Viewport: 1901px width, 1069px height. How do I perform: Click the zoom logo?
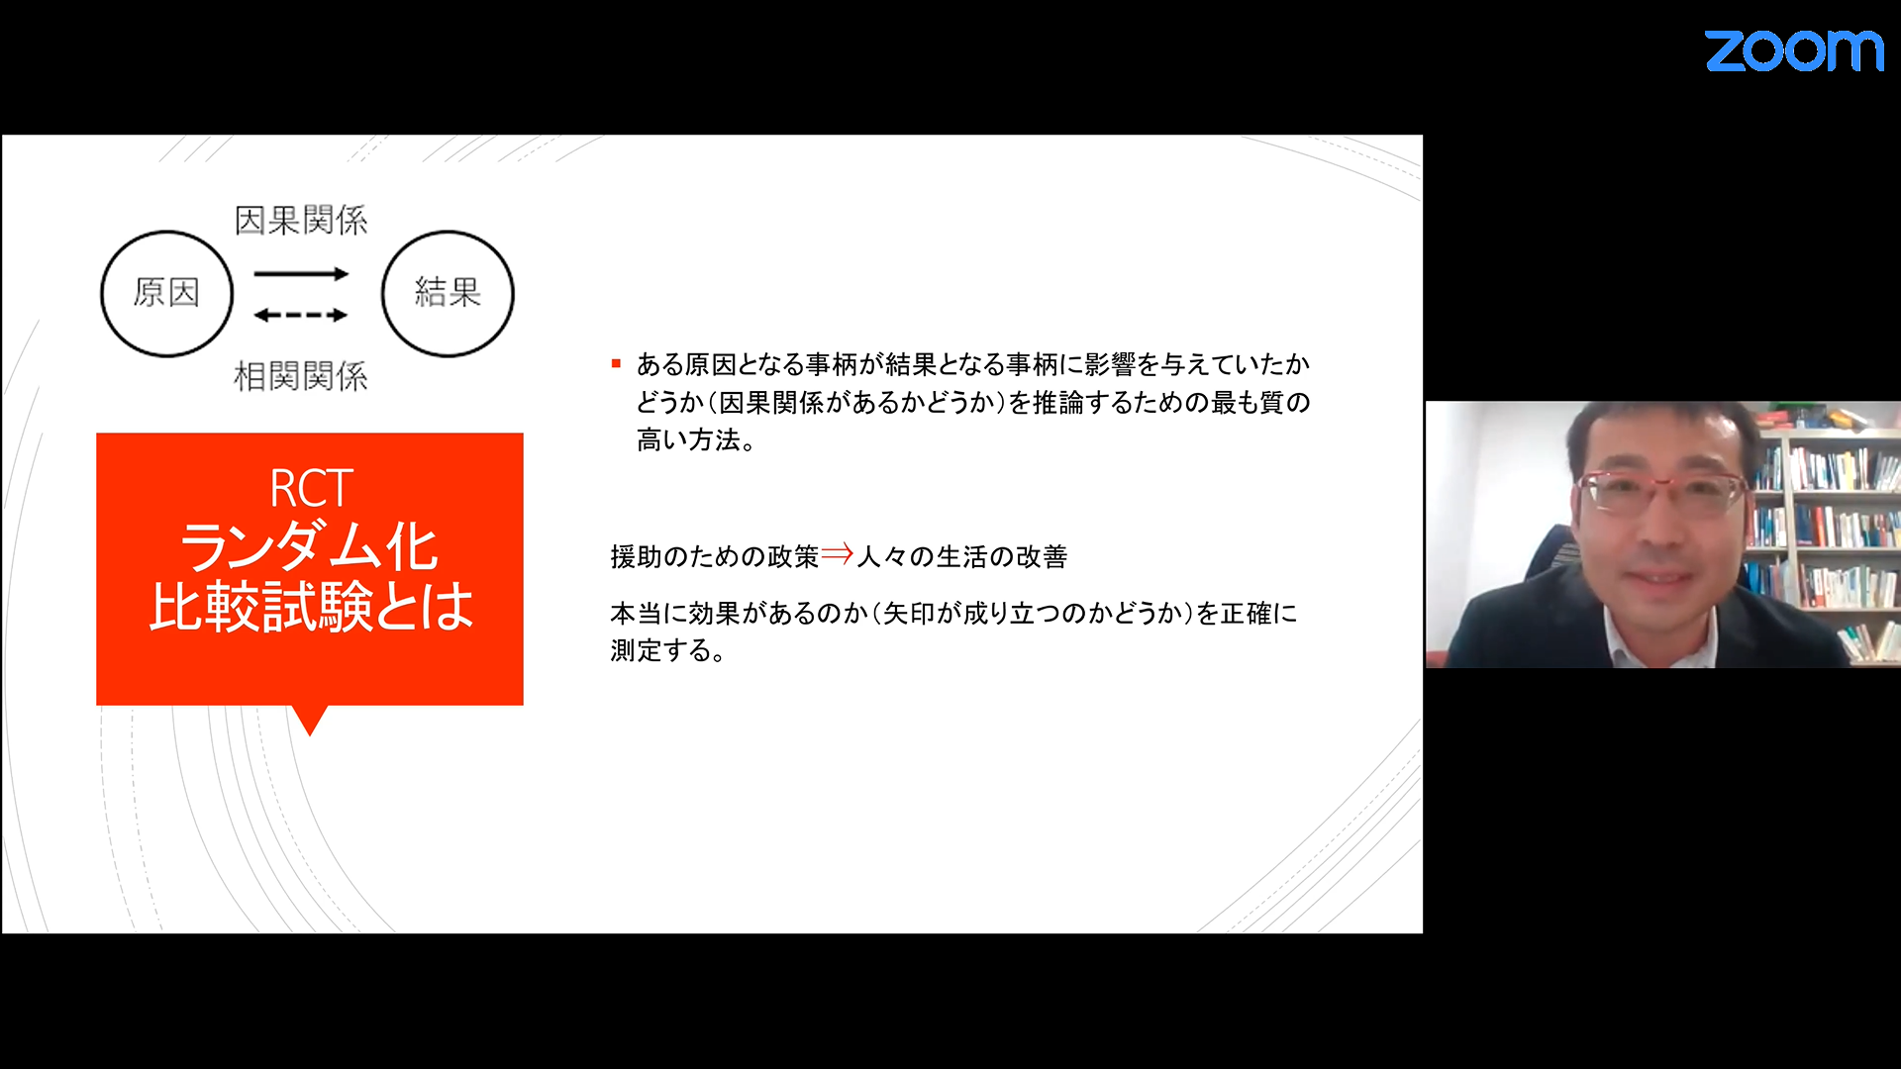[1793, 50]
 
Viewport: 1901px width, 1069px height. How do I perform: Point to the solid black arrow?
[301, 273]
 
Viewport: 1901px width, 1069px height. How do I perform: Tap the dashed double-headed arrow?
[301, 316]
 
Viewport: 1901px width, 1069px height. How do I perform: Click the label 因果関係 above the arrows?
[301, 220]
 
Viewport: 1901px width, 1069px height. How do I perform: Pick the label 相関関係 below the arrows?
[301, 376]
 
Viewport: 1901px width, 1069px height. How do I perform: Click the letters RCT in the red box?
[311, 489]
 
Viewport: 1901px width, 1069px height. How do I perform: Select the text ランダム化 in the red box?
[309, 547]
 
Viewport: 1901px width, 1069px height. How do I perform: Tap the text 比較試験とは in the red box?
[311, 606]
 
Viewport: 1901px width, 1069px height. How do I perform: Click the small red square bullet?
[616, 364]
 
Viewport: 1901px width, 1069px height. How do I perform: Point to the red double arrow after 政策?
[837, 554]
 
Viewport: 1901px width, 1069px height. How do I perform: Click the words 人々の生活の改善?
[962, 556]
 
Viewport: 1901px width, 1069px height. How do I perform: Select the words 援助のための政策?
[715, 556]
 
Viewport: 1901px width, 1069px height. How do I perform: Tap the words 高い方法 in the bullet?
[689, 439]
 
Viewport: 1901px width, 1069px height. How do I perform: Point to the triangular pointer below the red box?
[310, 721]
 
